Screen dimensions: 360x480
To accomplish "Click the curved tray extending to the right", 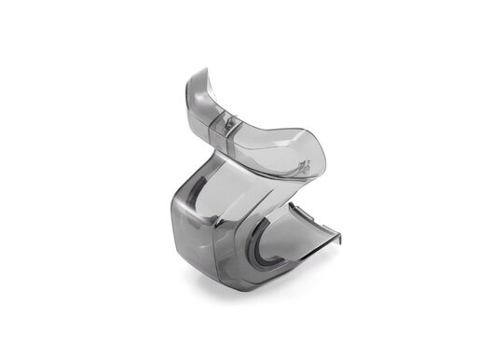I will pos(298,233).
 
